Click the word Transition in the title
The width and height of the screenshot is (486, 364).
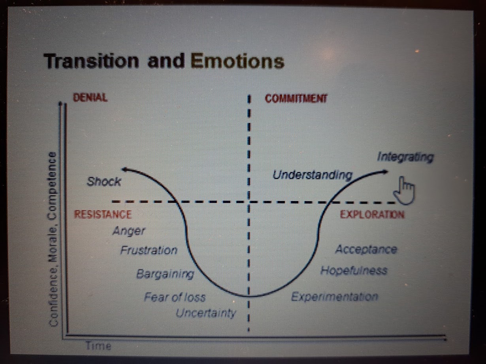coord(91,61)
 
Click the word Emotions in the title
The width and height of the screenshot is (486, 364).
coord(237,61)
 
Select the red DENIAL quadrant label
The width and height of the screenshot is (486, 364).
coord(90,97)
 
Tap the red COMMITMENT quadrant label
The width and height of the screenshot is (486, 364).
coord(296,99)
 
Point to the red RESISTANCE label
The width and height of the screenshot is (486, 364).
coord(103,214)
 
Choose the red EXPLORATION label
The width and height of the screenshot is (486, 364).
coord(372,215)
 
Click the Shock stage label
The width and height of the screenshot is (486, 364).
coord(104,182)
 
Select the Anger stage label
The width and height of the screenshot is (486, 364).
coord(129,231)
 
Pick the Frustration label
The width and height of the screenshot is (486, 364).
coord(149,250)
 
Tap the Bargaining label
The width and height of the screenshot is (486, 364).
coord(165,274)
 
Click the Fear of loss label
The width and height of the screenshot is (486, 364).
coord(175,297)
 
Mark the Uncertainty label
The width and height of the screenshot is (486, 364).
coord(206,314)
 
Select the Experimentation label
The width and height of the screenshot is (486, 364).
coord(335,297)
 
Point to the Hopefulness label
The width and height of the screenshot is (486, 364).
coord(354,270)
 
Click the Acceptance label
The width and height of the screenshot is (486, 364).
coord(366,249)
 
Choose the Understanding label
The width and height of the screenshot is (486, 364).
coord(313,175)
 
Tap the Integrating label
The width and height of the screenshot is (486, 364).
coord(405,157)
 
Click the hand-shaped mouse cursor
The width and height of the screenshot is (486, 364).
coord(404,190)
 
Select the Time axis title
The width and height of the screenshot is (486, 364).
coord(98,345)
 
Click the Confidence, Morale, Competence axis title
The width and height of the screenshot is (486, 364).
coord(53,239)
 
